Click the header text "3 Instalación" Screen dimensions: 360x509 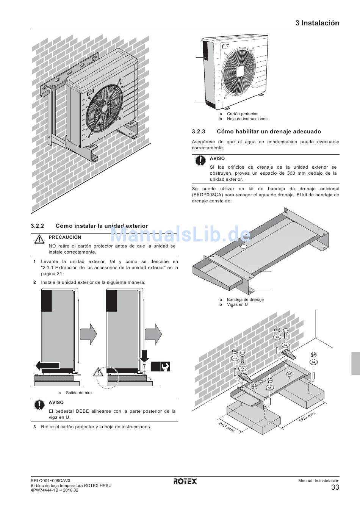click(317, 23)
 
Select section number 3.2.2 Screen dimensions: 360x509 click(38, 226)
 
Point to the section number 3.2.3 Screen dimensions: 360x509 click(199, 132)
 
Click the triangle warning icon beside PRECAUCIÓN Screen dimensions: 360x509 click(39, 239)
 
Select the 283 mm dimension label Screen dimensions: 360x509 click(226, 427)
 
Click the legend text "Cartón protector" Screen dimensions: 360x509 click(242, 114)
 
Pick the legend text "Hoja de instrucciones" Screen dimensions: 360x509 click(247, 119)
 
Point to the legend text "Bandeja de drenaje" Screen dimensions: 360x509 click(245, 299)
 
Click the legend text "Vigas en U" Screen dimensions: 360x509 click(237, 304)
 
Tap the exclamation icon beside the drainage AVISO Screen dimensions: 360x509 click(200, 160)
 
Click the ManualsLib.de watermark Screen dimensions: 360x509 click(180, 234)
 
